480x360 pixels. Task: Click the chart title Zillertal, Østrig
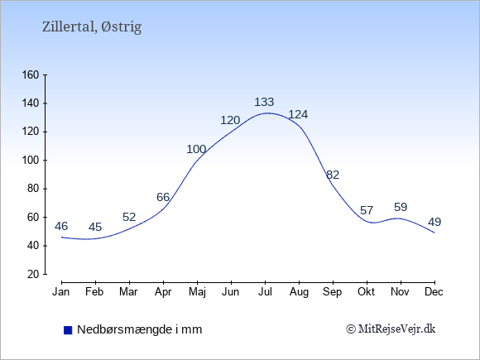click(x=92, y=27)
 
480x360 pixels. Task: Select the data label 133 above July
click(x=264, y=102)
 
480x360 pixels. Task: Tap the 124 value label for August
click(x=298, y=114)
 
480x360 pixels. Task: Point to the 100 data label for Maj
click(x=196, y=150)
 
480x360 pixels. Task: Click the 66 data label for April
click(x=163, y=197)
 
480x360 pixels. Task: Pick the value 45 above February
click(x=95, y=227)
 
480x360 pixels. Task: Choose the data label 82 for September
click(x=333, y=175)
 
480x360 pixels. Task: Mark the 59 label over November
click(x=401, y=207)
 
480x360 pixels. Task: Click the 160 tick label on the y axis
click(x=31, y=74)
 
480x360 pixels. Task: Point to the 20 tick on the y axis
click(x=33, y=274)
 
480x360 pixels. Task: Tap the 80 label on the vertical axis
click(x=33, y=189)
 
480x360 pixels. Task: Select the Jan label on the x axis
click(x=61, y=292)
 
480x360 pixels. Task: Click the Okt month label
click(x=366, y=292)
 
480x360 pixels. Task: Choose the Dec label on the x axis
click(x=434, y=292)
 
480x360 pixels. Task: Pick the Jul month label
click(x=265, y=292)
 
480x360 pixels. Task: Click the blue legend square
click(x=68, y=330)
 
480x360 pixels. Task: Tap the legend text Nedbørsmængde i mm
click(x=140, y=329)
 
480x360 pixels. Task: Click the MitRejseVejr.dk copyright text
click(x=391, y=329)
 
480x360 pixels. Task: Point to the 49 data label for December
click(x=434, y=222)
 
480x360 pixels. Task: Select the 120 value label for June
click(x=230, y=120)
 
